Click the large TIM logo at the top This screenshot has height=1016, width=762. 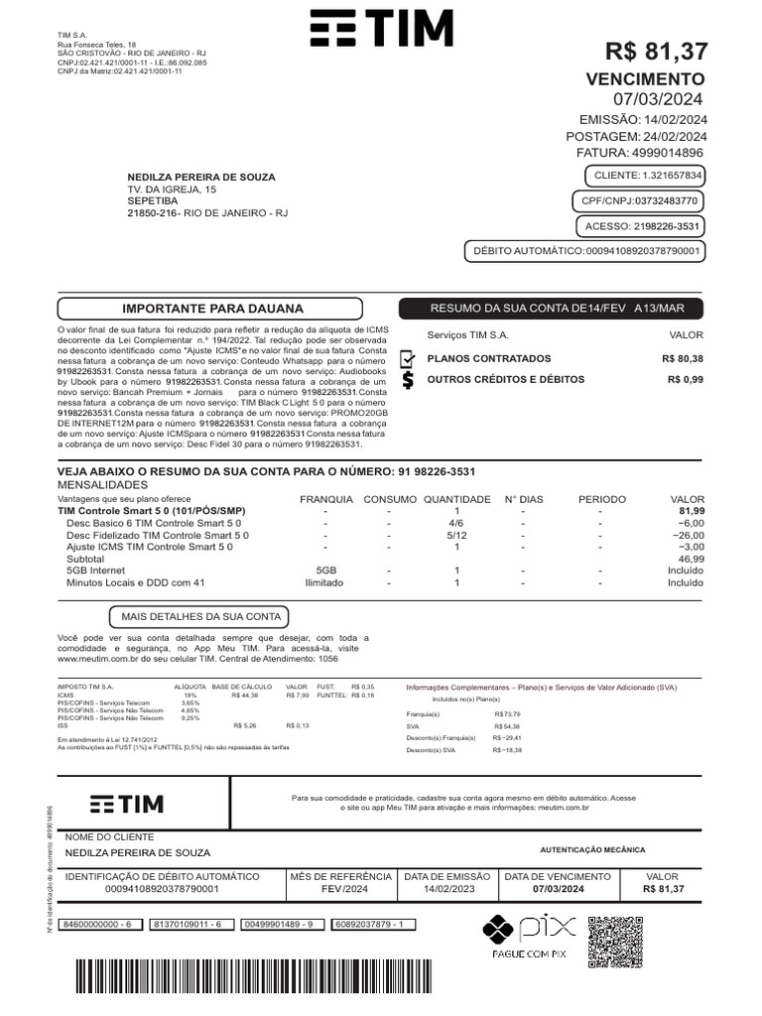coord(381,30)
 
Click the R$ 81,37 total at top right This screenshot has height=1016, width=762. coord(657,53)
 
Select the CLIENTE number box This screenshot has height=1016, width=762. coord(647,176)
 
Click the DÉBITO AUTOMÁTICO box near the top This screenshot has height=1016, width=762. coord(585,252)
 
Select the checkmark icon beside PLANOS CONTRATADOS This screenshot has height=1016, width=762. coord(408,359)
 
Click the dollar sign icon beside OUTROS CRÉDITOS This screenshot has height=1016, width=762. coord(408,380)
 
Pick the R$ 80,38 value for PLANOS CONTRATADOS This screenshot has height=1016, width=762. coord(683,359)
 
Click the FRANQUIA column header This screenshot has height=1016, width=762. coord(325,499)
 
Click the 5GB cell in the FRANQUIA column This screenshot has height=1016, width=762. coord(325,571)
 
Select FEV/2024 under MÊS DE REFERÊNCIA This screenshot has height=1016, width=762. coord(340,889)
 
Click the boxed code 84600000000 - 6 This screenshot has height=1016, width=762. coord(97,924)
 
